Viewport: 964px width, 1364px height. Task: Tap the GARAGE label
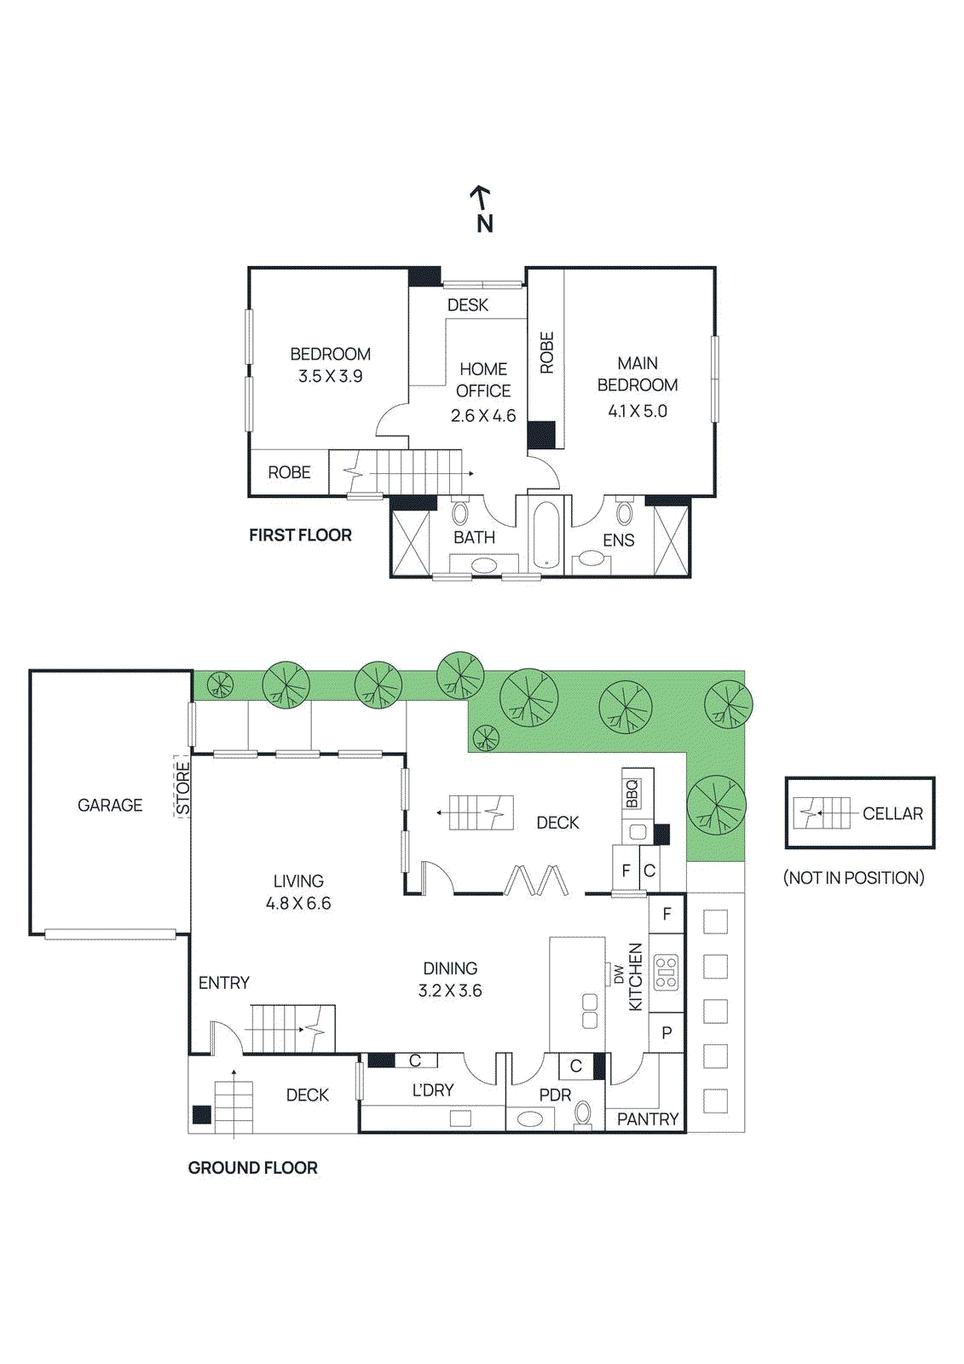[x=110, y=805]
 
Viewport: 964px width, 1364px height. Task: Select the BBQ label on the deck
[x=632, y=794]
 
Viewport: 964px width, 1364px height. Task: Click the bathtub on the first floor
[x=545, y=535]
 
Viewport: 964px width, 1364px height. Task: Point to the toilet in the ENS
[x=625, y=512]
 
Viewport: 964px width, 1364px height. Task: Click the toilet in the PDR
[x=583, y=1113]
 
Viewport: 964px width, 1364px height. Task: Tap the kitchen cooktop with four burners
[x=666, y=973]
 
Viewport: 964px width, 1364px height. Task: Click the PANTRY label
[x=647, y=1118]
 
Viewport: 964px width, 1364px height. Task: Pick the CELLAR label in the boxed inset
[x=892, y=813]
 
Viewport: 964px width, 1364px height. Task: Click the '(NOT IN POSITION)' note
[x=853, y=877]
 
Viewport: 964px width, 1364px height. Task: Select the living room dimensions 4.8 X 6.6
[x=298, y=903]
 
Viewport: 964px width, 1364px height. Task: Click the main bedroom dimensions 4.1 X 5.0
[x=637, y=411]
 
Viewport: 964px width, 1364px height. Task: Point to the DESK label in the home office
[x=467, y=304]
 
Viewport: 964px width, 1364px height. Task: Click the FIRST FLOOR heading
[x=300, y=535]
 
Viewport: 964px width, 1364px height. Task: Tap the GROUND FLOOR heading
[x=252, y=1167]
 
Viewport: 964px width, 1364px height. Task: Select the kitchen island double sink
[x=590, y=1010]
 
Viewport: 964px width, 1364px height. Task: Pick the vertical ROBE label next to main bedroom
[x=546, y=352]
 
